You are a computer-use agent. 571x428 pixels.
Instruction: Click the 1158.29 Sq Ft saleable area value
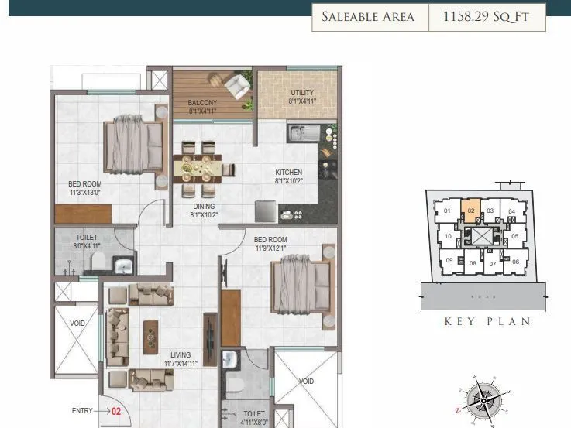click(x=487, y=17)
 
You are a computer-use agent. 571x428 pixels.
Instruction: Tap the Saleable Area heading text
click(x=369, y=17)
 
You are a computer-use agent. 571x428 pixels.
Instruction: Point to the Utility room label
click(x=301, y=96)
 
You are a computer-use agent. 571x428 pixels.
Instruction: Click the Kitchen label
click(x=288, y=172)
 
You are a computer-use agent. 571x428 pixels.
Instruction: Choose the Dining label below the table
click(x=204, y=207)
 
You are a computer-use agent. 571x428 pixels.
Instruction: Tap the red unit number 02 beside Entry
click(x=116, y=412)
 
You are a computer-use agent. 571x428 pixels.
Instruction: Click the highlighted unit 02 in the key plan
click(x=470, y=211)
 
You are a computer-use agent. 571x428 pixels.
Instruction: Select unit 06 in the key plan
click(x=515, y=262)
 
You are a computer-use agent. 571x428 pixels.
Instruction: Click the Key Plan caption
click(x=487, y=321)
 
